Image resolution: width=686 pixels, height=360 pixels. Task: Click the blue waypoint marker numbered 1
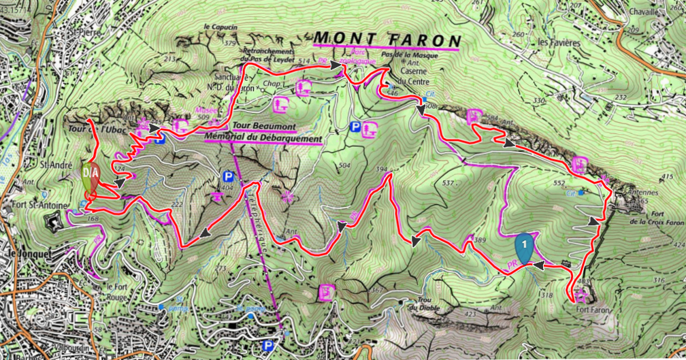(524, 246)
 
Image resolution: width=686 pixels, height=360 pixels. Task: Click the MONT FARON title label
(387, 39)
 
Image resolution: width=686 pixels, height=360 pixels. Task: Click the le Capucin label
(220, 27)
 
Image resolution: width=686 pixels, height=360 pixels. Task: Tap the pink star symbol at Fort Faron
(581, 295)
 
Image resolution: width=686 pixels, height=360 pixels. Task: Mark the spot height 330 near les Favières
(540, 101)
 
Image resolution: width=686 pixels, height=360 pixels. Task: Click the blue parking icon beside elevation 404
(229, 176)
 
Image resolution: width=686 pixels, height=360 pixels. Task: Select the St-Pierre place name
(80, 31)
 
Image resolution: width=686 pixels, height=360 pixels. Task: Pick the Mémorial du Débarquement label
(263, 138)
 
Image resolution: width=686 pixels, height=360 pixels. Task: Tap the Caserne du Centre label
(413, 76)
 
